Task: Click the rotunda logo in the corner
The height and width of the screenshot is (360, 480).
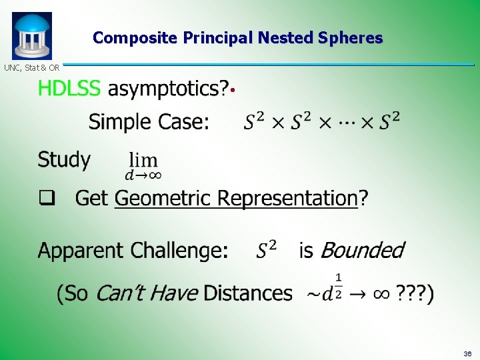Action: click(x=31, y=36)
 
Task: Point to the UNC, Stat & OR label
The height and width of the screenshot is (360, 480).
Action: click(x=32, y=67)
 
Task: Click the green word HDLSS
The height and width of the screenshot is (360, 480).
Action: click(x=69, y=88)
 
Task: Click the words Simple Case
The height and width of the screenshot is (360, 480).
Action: click(x=149, y=122)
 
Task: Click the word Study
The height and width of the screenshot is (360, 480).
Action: click(x=64, y=160)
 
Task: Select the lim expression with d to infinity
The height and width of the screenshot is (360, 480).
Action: click(x=143, y=166)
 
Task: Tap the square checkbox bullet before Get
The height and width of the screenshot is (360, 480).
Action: click(x=45, y=198)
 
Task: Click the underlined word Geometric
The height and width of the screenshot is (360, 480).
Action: click(x=156, y=199)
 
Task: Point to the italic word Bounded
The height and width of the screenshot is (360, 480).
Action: click(x=362, y=251)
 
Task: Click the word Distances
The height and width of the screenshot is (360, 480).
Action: click(x=248, y=293)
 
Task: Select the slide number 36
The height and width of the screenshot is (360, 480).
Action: click(x=467, y=353)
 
